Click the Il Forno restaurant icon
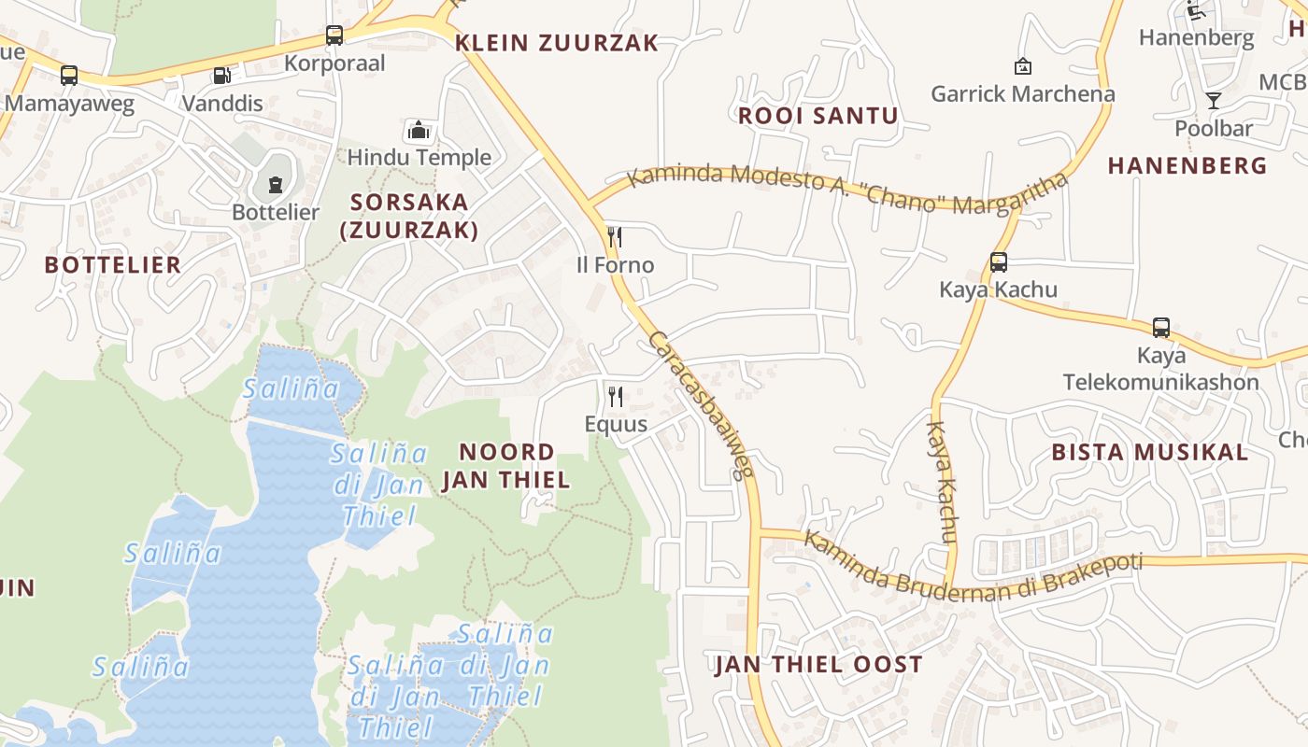tap(615, 237)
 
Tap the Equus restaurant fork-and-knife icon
tap(615, 397)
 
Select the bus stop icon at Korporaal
tap(334, 35)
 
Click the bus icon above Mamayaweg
tap(69, 76)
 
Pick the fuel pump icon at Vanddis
tap(221, 76)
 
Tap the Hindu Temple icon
tap(419, 130)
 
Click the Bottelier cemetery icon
tap(276, 185)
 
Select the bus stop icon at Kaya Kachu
tap(999, 262)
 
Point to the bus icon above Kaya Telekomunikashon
tap(1161, 328)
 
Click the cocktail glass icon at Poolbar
tap(1213, 101)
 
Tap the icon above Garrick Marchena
tap(1022, 66)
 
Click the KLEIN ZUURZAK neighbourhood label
tap(557, 43)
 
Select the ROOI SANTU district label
tap(817, 116)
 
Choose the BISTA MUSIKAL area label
tap(1149, 453)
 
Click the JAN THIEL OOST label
tap(818, 665)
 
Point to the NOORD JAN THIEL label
tap(506, 466)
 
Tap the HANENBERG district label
tap(1187, 166)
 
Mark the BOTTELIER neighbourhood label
tap(113, 265)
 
